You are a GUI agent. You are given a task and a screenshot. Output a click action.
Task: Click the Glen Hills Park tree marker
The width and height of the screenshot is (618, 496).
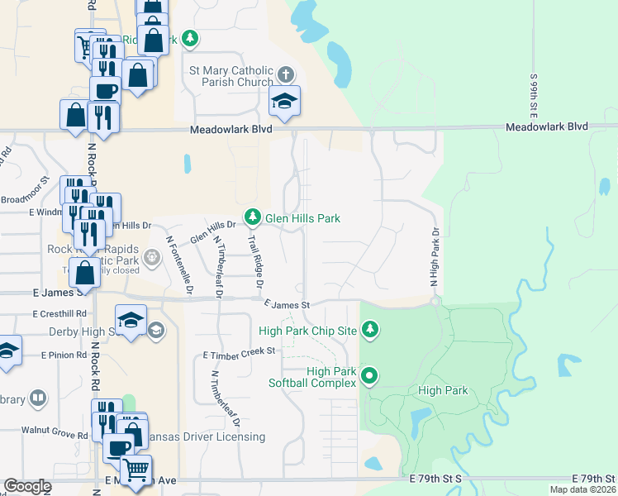pyautogui.click(x=252, y=218)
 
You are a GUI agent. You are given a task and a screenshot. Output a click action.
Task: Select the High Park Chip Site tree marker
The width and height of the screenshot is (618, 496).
pyautogui.click(x=371, y=331)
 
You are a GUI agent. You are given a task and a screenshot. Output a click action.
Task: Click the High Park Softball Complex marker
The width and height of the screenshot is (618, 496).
pyautogui.click(x=371, y=377)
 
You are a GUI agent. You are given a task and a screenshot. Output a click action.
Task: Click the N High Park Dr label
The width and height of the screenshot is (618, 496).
pyautogui.click(x=433, y=257)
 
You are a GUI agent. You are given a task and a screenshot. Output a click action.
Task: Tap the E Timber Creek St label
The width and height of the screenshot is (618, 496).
pyautogui.click(x=239, y=353)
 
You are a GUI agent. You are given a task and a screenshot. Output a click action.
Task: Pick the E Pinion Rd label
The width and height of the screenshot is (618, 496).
pyautogui.click(x=64, y=355)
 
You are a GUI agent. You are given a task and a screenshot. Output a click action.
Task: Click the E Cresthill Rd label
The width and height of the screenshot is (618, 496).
pyautogui.click(x=59, y=314)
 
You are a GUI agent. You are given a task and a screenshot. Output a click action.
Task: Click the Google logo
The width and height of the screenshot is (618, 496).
pyautogui.click(x=27, y=486)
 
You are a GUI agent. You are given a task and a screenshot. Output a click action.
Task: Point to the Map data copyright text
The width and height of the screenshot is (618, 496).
pyautogui.click(x=582, y=489)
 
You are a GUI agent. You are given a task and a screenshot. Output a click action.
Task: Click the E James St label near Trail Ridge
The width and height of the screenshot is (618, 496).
pyautogui.click(x=287, y=305)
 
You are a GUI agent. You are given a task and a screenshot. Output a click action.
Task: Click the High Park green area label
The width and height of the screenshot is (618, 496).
pyautogui.click(x=443, y=391)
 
